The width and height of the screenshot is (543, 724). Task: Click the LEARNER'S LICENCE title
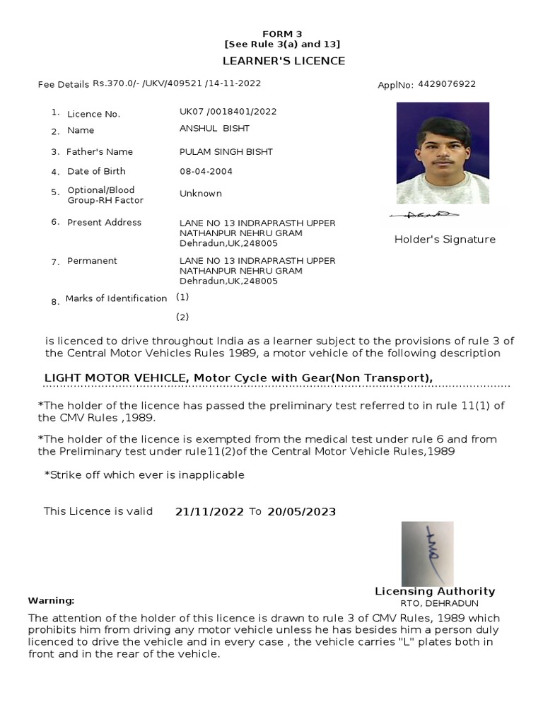(x=284, y=61)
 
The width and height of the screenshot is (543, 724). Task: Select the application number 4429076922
(x=447, y=84)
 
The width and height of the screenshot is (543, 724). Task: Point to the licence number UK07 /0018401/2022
(x=228, y=112)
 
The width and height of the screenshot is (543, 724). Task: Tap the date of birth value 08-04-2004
(x=206, y=171)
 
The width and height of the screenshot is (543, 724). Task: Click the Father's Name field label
(x=100, y=152)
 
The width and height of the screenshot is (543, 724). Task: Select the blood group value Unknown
(x=201, y=194)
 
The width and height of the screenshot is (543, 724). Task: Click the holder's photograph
(x=443, y=153)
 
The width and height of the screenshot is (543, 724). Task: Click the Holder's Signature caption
(x=445, y=240)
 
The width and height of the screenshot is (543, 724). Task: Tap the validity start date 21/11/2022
(x=209, y=512)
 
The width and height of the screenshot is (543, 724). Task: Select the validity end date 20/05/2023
(x=301, y=512)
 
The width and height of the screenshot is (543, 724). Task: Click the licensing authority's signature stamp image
(x=427, y=554)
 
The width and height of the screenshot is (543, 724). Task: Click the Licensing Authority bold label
(x=435, y=591)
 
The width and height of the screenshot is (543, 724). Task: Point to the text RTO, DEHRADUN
(x=439, y=603)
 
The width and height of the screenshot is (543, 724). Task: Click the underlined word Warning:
(x=51, y=600)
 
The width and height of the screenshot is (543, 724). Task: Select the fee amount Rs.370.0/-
(x=117, y=83)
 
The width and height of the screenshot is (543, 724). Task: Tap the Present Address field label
(x=104, y=223)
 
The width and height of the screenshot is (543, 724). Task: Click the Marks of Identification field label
(x=116, y=298)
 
